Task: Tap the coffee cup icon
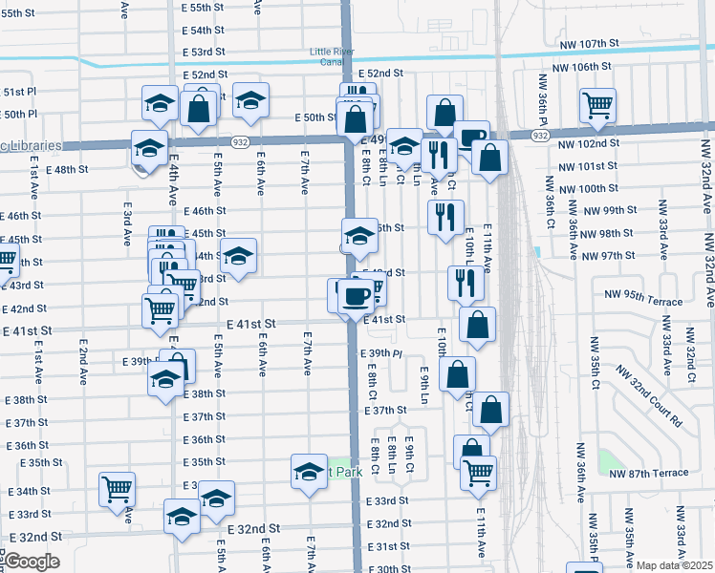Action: [357, 295]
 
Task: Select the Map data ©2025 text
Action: [673, 565]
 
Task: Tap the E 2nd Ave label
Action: [84, 360]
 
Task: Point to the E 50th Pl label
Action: [19, 115]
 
